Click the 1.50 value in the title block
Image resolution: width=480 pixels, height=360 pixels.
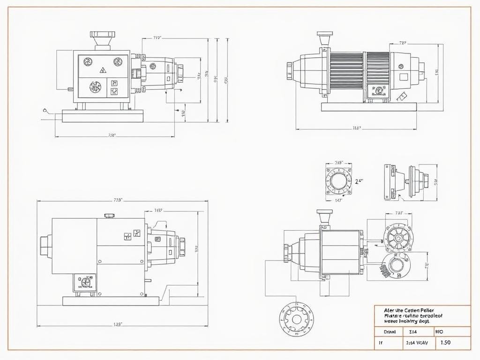[445, 343]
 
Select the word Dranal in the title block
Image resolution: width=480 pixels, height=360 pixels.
[390, 331]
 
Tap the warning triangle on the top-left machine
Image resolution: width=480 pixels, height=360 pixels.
[103, 70]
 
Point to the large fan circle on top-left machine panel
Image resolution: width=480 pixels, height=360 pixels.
[96, 87]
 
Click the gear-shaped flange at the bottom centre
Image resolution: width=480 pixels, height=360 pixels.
[296, 320]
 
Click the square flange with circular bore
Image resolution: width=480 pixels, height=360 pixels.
[338, 180]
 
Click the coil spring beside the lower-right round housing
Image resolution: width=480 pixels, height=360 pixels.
[384, 270]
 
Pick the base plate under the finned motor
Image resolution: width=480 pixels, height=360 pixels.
[368, 107]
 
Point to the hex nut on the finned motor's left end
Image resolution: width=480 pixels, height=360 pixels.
[290, 71]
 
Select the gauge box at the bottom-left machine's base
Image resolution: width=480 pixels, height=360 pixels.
[84, 282]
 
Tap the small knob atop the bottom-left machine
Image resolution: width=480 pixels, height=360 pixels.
[110, 215]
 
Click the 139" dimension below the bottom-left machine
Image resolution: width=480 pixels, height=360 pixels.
[118, 324]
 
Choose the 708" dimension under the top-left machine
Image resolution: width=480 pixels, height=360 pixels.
[112, 135]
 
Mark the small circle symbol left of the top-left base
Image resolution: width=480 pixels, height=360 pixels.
[45, 111]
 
